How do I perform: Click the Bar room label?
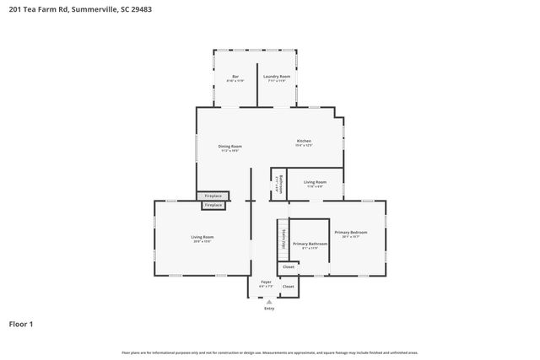(x=235, y=78)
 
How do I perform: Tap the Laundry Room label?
(x=276, y=78)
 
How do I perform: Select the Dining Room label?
(x=230, y=148)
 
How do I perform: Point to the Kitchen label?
(x=304, y=141)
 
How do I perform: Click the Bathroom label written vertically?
(x=280, y=183)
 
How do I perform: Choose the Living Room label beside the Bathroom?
(x=315, y=182)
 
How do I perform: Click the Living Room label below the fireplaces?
(x=202, y=238)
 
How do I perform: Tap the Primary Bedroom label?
(x=350, y=232)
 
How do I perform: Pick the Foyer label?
(x=266, y=282)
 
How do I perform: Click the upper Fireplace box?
(x=213, y=196)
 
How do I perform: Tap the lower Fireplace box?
(x=213, y=205)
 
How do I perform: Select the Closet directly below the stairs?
(x=289, y=267)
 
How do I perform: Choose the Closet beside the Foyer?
(x=289, y=287)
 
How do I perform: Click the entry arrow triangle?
(x=269, y=301)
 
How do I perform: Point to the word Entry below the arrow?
(x=269, y=309)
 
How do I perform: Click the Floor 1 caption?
(x=21, y=324)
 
